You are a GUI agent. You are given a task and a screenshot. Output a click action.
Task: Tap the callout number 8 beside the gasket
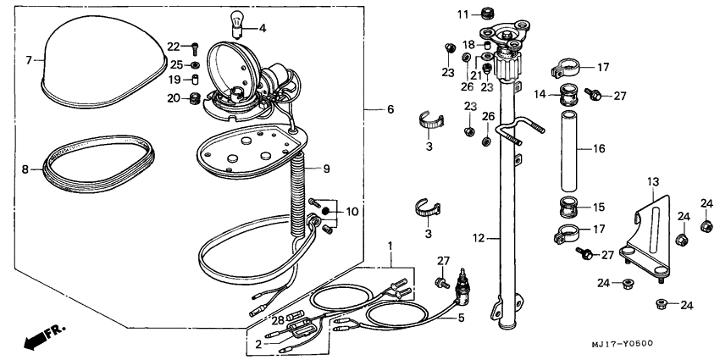(26, 169)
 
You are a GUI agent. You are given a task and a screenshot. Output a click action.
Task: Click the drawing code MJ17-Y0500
(623, 343)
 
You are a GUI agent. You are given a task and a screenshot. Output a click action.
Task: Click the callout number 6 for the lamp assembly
(390, 109)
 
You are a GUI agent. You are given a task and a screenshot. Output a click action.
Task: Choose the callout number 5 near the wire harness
(461, 318)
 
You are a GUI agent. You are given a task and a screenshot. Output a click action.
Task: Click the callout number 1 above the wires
(390, 246)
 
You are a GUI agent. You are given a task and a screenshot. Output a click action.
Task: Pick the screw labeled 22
(196, 47)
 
